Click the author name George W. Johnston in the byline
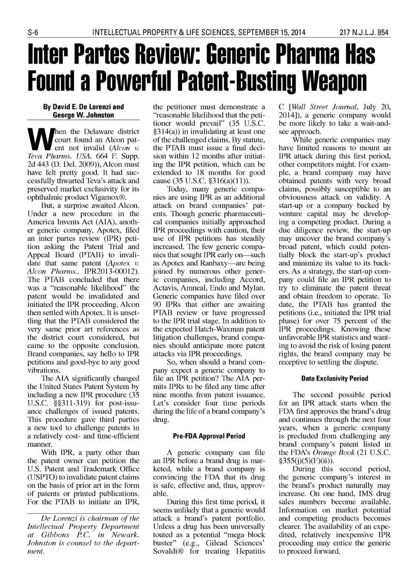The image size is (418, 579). (83, 115)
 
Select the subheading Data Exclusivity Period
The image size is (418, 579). (334, 379)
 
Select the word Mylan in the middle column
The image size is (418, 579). (255, 287)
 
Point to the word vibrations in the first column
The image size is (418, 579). (43, 370)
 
